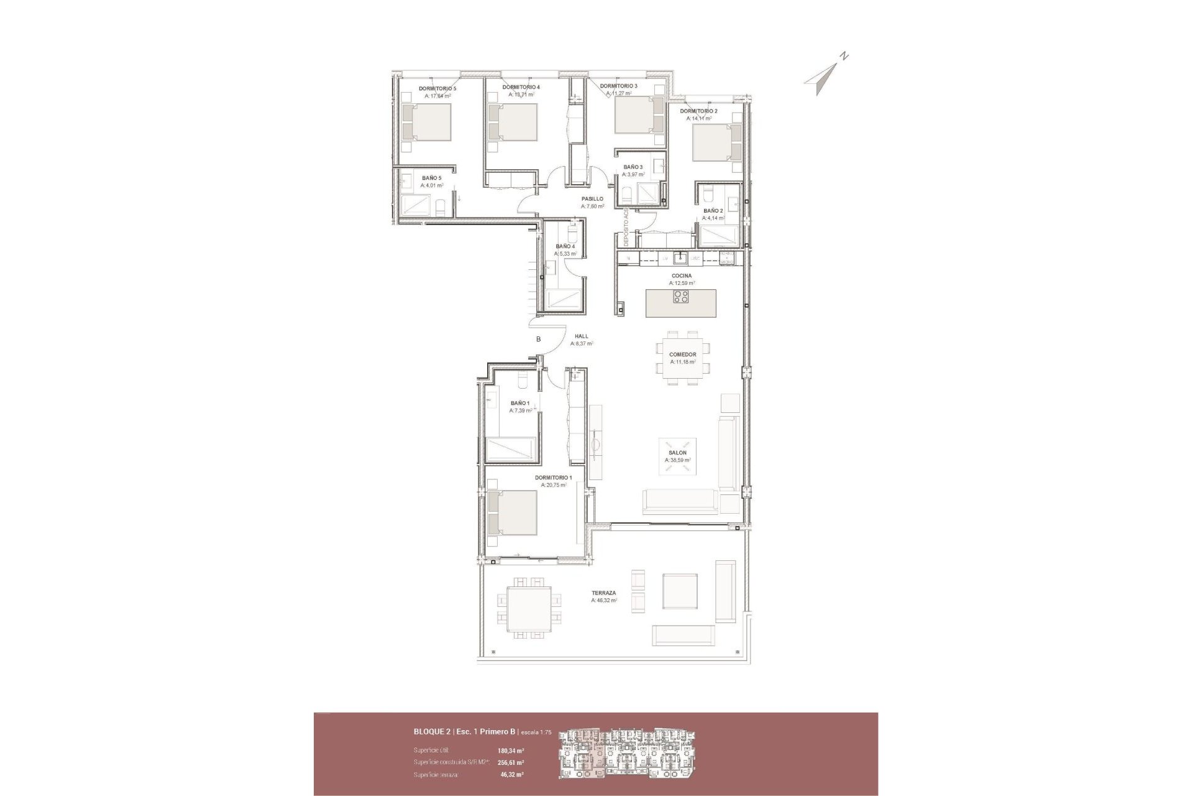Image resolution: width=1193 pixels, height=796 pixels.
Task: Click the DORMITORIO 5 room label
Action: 437,89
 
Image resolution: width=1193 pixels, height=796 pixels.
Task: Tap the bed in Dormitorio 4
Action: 513,122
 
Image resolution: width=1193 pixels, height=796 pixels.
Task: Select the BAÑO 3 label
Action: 633,167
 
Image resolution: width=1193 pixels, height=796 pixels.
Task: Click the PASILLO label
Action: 592,199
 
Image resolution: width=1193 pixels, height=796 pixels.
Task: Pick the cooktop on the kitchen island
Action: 681,297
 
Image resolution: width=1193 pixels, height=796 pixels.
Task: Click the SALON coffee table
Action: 677,457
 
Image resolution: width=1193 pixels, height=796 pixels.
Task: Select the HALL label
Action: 581,336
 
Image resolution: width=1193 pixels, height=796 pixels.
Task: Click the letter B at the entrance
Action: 539,339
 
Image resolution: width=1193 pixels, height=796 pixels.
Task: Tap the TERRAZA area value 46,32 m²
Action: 604,601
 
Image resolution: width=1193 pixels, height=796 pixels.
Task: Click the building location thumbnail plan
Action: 628,753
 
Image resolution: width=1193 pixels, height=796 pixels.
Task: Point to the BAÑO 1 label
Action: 520,403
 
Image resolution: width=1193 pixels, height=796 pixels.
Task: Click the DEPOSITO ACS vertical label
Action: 627,228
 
